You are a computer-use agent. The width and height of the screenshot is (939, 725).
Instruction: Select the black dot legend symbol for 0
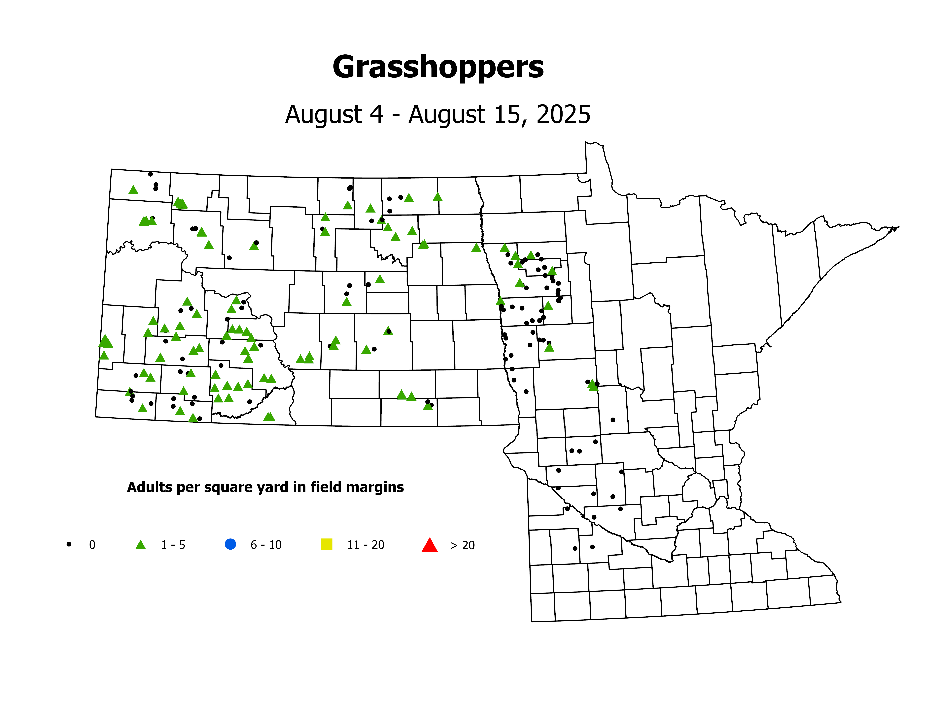click(x=69, y=544)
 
